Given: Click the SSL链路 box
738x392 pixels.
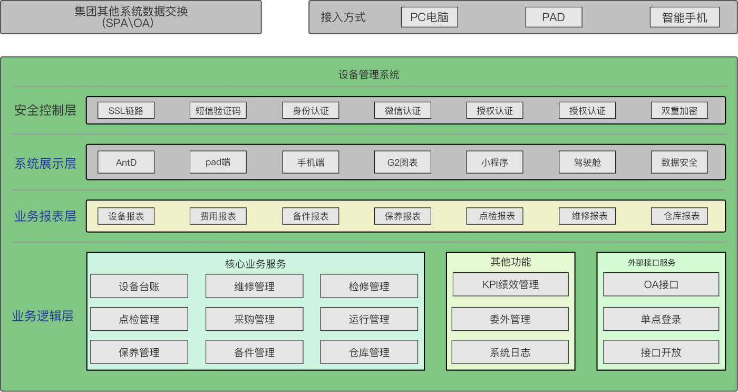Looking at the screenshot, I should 126,110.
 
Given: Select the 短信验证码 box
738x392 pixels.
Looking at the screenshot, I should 218,110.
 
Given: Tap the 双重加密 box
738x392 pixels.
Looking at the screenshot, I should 679,110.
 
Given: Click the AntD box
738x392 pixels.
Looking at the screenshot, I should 126,162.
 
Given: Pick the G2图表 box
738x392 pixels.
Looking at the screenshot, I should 403,162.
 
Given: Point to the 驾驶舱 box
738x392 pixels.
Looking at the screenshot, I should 587,162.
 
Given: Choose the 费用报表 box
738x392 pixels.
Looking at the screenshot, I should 218,216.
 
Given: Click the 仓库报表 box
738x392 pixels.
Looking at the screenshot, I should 679,216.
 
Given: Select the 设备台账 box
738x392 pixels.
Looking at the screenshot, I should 139,286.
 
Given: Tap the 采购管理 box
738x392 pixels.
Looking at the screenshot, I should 254,319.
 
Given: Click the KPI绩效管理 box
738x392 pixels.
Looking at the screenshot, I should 510,284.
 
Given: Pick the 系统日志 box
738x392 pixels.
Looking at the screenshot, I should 510,352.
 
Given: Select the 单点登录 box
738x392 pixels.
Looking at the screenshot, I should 661,319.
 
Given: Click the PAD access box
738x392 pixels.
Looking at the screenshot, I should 553,17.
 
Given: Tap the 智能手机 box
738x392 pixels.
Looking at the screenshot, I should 684,17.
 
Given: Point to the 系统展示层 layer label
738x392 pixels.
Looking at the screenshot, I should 45,163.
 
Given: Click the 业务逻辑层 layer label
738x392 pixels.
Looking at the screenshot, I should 43,316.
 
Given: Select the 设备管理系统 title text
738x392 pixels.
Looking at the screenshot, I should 369,74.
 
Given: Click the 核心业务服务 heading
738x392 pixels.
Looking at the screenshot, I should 255,263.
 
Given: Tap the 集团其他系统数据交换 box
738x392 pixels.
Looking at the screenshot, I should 131,17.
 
